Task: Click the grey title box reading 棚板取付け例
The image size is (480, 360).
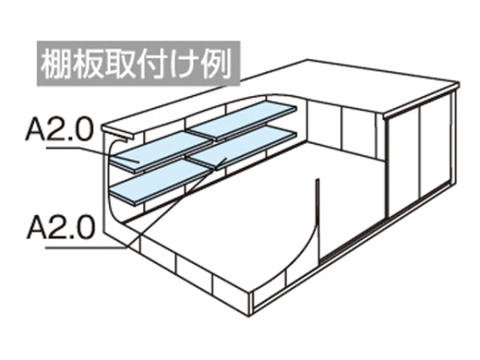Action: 138,63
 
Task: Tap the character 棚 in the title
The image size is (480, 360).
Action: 56,64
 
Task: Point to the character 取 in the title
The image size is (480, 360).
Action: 119,64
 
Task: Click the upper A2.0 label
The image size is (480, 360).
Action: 59,130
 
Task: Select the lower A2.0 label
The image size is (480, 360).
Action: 61,227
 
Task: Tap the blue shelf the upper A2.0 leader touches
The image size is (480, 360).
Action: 162,152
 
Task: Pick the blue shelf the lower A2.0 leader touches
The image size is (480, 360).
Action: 242,148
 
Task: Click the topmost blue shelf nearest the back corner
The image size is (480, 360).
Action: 242,120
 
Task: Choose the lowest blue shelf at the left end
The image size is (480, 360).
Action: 161,182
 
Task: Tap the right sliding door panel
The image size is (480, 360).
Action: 436,146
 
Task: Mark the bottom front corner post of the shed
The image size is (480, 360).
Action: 251,304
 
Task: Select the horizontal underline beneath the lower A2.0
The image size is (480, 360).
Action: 86,247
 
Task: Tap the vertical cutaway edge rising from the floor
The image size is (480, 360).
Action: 318,219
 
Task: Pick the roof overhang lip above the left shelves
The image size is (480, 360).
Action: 118,133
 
